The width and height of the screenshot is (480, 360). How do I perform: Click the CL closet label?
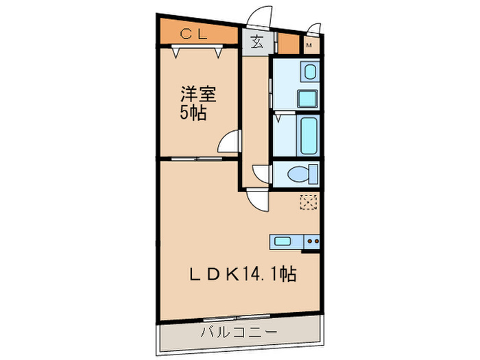[x=194, y=34]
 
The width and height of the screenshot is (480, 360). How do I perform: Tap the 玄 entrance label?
[x=257, y=43]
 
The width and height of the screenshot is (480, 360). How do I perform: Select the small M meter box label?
[x=309, y=46]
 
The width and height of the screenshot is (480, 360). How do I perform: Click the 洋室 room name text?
[x=198, y=95]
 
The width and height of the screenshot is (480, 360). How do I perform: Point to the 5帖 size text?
[x=193, y=113]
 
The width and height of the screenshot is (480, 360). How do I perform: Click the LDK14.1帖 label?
[x=243, y=274]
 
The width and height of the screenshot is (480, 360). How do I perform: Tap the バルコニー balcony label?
[x=239, y=332]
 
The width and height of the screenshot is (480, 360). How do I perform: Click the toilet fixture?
[x=303, y=174]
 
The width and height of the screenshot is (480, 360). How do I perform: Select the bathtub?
[x=309, y=135]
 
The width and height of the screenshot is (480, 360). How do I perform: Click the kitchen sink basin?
[x=283, y=241]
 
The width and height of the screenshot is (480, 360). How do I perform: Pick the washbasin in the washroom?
[x=310, y=71]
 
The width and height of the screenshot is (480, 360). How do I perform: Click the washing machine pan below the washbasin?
[x=308, y=99]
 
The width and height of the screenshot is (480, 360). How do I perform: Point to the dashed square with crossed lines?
[x=309, y=202]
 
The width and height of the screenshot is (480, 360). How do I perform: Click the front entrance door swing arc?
[x=260, y=16]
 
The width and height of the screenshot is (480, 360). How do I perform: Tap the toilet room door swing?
[x=261, y=174]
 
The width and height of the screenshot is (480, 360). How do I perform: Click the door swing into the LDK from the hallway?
[x=257, y=200]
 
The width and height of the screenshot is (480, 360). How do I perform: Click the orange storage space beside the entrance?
[x=289, y=44]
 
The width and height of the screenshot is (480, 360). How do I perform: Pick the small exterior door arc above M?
[x=314, y=28]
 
